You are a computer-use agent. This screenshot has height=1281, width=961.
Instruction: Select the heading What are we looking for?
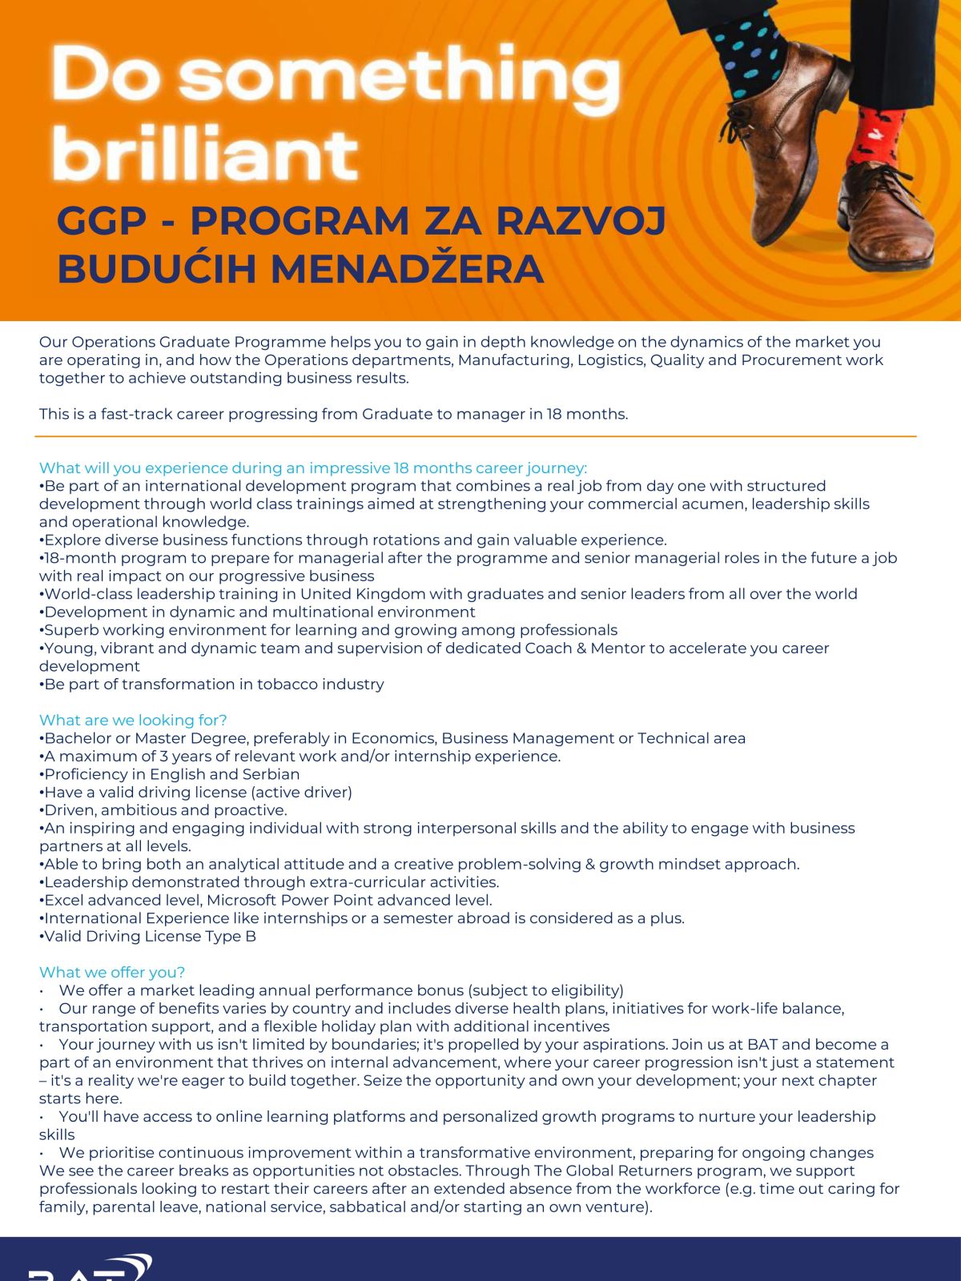click(x=133, y=720)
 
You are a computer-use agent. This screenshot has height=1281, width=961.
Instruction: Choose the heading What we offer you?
click(x=112, y=972)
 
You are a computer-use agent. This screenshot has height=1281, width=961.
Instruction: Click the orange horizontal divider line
click(x=476, y=436)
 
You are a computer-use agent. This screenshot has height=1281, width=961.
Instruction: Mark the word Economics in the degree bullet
click(x=393, y=738)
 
